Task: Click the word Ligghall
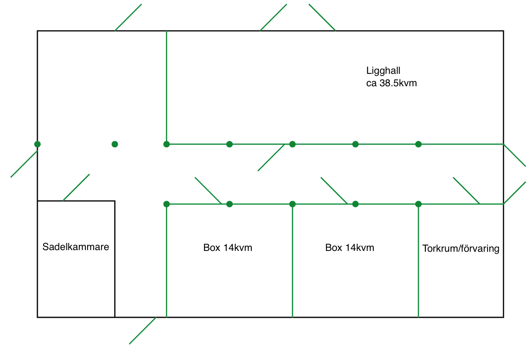383,70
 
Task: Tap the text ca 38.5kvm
391,83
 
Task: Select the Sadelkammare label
76,247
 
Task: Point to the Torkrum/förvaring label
460,249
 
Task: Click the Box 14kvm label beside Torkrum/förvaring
350,248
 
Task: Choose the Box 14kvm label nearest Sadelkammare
228,248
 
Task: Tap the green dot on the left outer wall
37,144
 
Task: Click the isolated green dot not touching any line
115,144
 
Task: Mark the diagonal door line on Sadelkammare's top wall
76,187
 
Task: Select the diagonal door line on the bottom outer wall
143,331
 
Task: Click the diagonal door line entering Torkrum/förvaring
466,191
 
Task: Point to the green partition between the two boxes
292,261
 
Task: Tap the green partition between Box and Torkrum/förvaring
418,261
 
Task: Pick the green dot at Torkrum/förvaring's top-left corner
418,204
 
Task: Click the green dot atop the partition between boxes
292,204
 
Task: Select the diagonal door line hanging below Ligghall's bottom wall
271,158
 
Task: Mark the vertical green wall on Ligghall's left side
166,87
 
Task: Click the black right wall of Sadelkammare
115,259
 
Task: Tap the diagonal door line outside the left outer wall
24,164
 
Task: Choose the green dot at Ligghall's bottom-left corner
166,144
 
